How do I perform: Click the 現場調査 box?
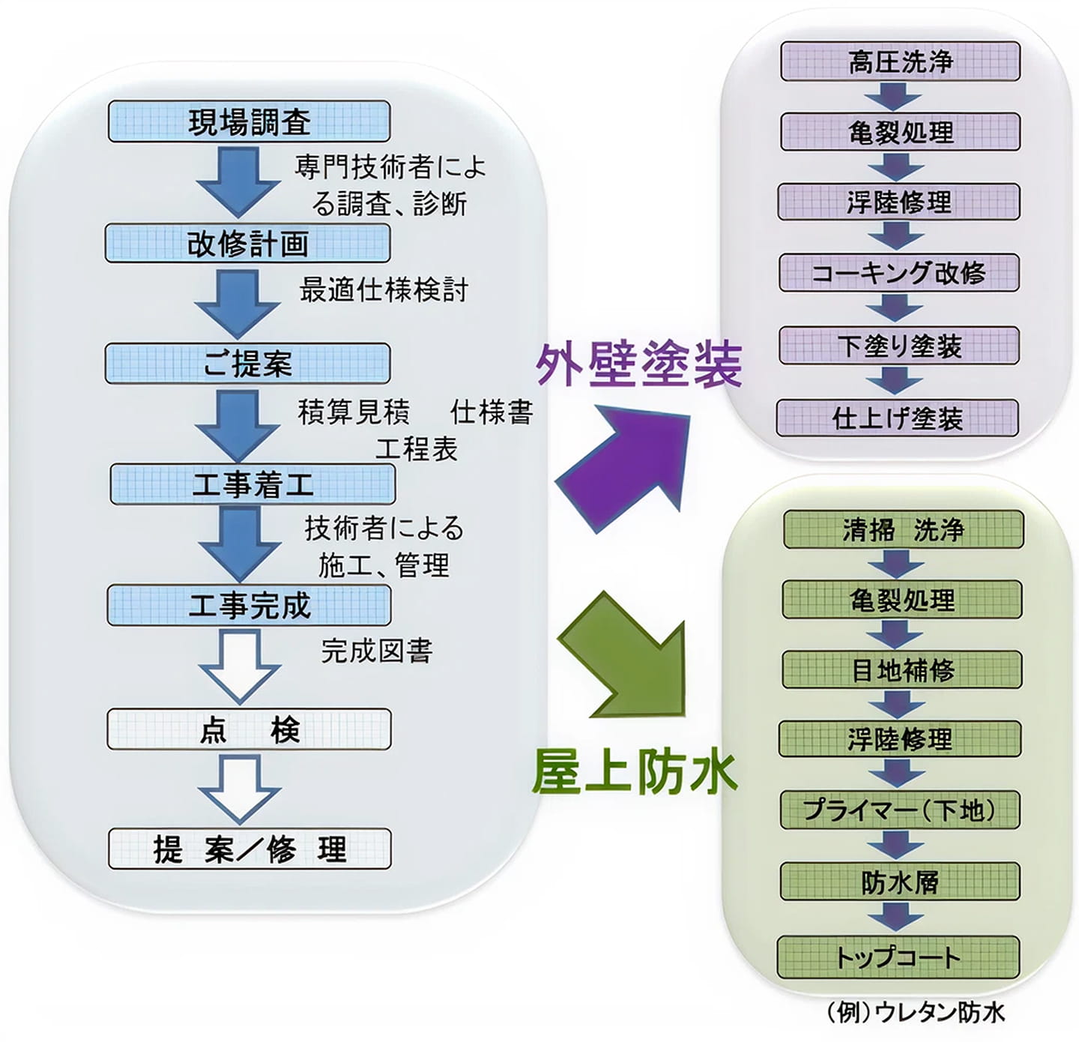pos(249,121)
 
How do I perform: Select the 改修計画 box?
pos(247,243)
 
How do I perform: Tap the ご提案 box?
pos(247,364)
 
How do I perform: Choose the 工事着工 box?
pos(253,484)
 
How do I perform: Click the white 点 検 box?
pos(249,729)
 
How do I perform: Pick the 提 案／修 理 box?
pos(250,849)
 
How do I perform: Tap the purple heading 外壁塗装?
pos(638,364)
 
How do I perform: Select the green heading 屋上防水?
pos(634,772)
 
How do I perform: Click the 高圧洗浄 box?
pos(900,61)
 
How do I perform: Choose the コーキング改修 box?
pos(898,273)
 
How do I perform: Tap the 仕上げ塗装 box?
pos(897,418)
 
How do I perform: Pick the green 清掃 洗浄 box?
pos(903,530)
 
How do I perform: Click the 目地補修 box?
pos(902,669)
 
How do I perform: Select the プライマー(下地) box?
pos(899,810)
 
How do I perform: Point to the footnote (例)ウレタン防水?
pos(914,1012)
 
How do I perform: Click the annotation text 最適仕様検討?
pos(384,289)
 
